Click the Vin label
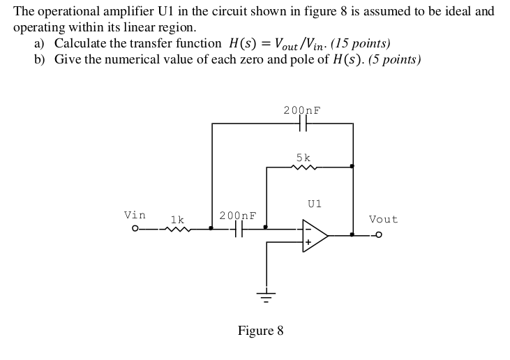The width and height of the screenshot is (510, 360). [135, 215]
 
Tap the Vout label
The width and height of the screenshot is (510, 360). [383, 219]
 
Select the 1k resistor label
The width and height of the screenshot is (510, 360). [177, 219]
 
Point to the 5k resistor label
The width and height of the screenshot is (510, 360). [303, 158]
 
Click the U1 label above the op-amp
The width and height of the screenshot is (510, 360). [314, 204]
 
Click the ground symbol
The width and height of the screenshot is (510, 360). [266, 294]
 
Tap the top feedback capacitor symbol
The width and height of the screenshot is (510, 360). [302, 123]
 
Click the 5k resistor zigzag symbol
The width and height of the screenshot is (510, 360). [304, 167]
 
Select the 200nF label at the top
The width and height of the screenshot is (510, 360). [302, 110]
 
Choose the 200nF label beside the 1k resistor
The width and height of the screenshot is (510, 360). [238, 216]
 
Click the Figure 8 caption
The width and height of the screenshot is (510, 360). [260, 330]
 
